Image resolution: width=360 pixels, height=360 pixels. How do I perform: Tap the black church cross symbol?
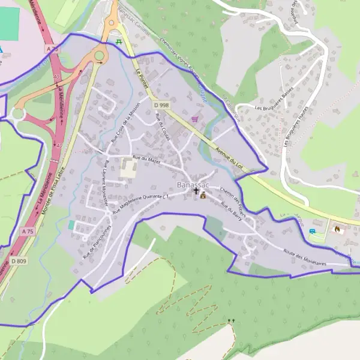tap(196, 191)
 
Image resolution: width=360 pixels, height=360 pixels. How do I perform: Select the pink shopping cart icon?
tap(194, 119)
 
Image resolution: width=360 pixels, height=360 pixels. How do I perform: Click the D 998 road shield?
tap(161, 105)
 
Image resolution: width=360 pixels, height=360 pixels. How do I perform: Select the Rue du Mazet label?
tap(146, 158)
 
